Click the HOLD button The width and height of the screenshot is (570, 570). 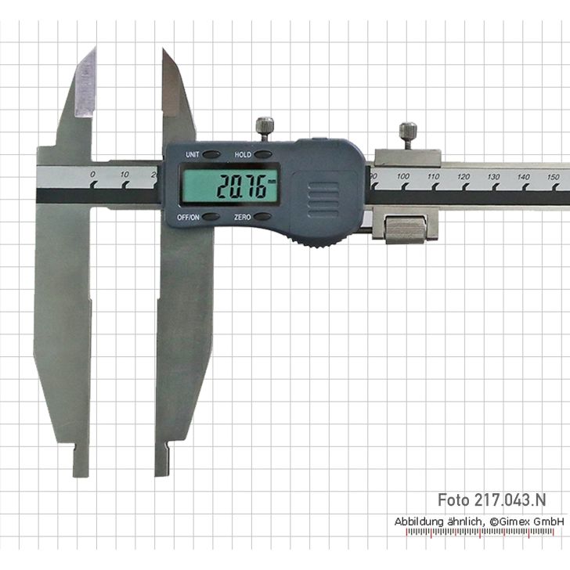[x=263, y=154]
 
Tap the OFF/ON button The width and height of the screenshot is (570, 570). [x=211, y=217]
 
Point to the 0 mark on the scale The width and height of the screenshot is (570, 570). [x=93, y=175]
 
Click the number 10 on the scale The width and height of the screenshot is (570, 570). [x=124, y=175]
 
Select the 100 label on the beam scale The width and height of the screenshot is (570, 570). [x=402, y=176]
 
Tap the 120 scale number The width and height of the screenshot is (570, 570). [x=464, y=177]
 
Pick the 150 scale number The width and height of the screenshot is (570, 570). [x=553, y=177]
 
